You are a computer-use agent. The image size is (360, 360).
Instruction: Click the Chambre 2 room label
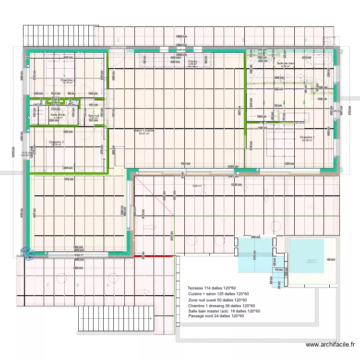pos(67,80)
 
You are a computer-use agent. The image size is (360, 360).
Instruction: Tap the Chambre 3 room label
pos(56,142)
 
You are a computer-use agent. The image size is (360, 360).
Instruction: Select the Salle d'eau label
pos(58,115)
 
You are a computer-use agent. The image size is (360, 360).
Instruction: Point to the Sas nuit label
pos(94,115)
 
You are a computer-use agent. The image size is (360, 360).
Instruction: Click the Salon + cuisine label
pos(144,131)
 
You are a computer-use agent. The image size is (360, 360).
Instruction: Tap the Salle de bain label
pos(286,63)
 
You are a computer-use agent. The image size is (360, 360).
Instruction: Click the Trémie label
pos(192,61)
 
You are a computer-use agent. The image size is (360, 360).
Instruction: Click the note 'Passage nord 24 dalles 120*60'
pos(216,316)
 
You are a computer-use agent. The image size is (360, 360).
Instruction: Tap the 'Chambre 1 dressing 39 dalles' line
pos(221,306)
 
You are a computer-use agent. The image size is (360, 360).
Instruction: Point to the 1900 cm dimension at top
pos(180,36)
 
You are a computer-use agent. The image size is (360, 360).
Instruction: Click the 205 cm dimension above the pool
pos(255,237)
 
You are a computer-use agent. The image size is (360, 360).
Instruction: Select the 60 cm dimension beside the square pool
pos(331,260)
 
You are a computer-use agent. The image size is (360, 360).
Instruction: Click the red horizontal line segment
pos(154,256)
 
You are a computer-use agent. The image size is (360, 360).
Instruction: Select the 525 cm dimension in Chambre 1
pos(289,164)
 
